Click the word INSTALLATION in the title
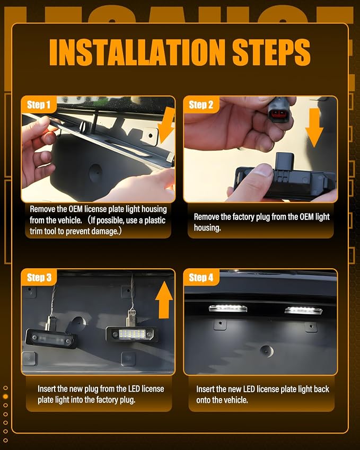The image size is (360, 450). [137, 52]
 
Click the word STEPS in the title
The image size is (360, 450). [271, 52]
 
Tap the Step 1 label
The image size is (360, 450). [39, 105]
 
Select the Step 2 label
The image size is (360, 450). [201, 105]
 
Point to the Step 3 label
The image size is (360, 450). [39, 278]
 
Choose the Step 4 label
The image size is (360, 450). [201, 278]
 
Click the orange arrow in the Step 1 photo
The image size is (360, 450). [166, 126]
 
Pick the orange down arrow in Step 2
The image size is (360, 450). [314, 128]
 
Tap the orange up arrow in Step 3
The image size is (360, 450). [164, 299]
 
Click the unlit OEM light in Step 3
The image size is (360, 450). [51, 339]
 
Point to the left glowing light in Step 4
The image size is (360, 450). [227, 308]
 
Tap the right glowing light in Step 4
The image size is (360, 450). [303, 311]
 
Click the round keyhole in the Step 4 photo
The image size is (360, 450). [266, 351]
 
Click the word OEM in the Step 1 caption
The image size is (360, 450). [75, 209]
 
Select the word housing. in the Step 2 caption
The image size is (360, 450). [207, 228]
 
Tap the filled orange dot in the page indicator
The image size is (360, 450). [5, 396]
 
